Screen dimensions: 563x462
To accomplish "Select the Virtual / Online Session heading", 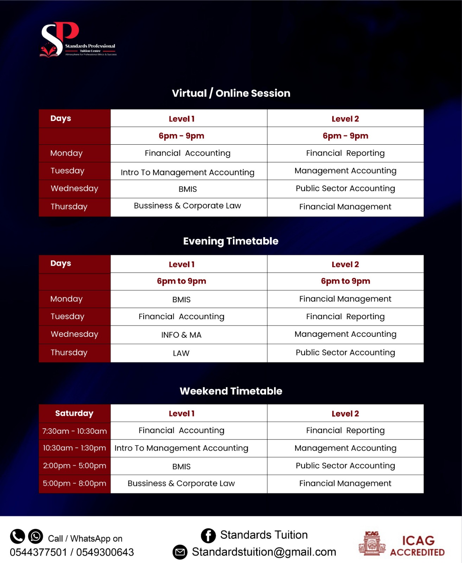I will pyautogui.click(x=231, y=93).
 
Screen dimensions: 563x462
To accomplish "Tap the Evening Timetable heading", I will pyautogui.click(x=231, y=241).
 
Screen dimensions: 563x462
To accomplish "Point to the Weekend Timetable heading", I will pyautogui.click(x=231, y=391).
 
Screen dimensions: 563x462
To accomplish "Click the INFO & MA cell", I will pyautogui.click(x=181, y=335).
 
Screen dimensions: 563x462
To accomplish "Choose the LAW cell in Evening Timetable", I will pyautogui.click(x=181, y=353).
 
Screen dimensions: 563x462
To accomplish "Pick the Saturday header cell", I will pyautogui.click(x=74, y=413).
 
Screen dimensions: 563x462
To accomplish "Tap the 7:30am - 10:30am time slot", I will pyautogui.click(x=74, y=431).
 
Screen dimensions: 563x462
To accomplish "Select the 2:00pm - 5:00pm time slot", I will pyautogui.click(x=74, y=466).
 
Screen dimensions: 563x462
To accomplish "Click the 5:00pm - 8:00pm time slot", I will pyautogui.click(x=74, y=483).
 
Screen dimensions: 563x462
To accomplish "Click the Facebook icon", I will pyautogui.click(x=208, y=536).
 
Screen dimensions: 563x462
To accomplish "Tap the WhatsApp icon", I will pyautogui.click(x=36, y=537).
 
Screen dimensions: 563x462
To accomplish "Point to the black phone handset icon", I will pyautogui.click(x=17, y=537).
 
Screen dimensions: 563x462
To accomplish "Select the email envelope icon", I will pyautogui.click(x=180, y=552).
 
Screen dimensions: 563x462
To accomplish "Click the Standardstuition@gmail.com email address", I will pyautogui.click(x=264, y=552).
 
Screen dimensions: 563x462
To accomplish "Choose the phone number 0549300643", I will pyautogui.click(x=105, y=552).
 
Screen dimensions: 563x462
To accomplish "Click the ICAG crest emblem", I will pyautogui.click(x=372, y=544).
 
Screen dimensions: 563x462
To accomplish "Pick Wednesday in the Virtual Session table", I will pyautogui.click(x=74, y=189).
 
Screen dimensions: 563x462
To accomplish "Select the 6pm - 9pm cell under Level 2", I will pyautogui.click(x=345, y=136).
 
